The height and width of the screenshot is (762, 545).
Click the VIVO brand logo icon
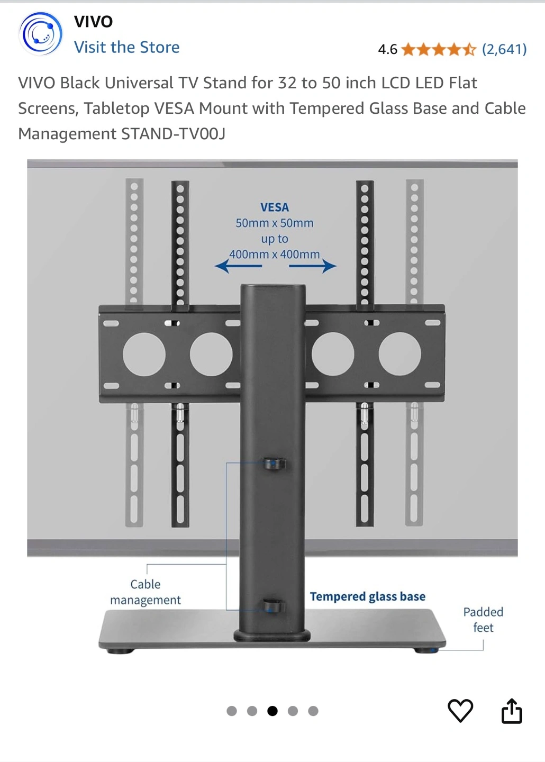40,34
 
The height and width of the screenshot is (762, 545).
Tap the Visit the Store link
126,47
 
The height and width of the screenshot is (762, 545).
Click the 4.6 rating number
387,50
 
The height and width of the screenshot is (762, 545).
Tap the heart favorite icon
460,710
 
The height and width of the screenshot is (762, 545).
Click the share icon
512,711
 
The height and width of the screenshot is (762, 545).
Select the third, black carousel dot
272,711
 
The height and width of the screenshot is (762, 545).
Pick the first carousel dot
232,711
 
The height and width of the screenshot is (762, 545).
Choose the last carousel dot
313,711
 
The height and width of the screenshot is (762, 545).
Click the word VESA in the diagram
275,207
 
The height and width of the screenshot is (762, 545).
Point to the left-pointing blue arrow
238,266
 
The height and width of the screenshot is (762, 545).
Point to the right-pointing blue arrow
313,266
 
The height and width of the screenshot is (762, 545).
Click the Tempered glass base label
367,596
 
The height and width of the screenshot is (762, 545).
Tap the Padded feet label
483,620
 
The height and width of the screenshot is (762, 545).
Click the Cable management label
146,592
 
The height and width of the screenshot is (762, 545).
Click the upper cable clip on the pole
275,464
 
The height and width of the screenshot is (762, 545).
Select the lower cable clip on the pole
274,605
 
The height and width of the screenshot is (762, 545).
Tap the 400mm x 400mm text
274,255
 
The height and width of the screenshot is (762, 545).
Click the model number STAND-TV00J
174,134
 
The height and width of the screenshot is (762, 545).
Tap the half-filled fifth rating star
469,50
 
